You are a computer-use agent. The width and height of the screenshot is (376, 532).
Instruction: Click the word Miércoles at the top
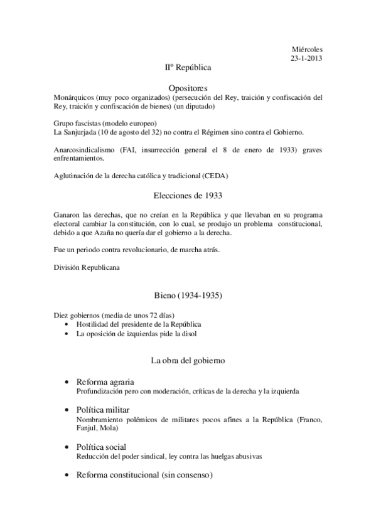pyautogui.click(x=308, y=49)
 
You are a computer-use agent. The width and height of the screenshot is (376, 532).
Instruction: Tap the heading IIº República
pyautogui.click(x=188, y=66)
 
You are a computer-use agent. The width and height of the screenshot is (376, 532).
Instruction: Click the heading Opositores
pyautogui.click(x=188, y=88)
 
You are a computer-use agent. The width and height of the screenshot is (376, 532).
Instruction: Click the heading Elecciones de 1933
pyautogui.click(x=188, y=196)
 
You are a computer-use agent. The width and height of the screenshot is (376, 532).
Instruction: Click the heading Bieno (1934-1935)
pyautogui.click(x=188, y=295)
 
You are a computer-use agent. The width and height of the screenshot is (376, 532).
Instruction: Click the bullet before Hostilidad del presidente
pyautogui.click(x=67, y=324)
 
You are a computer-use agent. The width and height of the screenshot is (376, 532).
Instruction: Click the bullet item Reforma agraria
pyautogui.click(x=105, y=381)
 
